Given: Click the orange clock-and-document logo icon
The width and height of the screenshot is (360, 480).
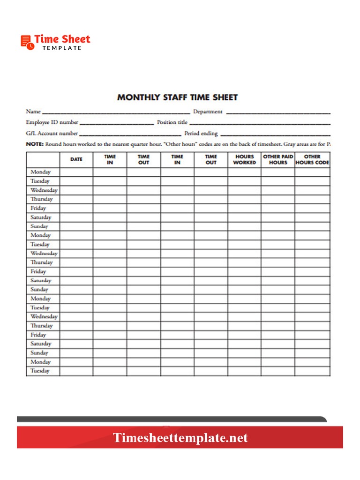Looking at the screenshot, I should point(28,42).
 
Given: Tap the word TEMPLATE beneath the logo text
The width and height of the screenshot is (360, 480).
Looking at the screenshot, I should point(61,48).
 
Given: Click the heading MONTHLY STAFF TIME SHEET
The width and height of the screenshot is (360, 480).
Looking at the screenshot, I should point(177,97).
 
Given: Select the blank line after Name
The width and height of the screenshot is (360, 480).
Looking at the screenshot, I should point(116,112).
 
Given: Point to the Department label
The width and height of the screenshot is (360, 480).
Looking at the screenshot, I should point(208,112).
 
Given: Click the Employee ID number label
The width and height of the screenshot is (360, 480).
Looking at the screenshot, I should point(52,122).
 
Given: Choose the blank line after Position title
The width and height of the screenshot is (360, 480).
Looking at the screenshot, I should point(260,123).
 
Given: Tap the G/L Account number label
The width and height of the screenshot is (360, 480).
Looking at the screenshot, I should point(52,134).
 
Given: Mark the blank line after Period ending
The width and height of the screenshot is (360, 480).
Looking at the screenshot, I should point(275,134).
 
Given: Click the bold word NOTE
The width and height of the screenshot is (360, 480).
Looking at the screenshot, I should point(35,144).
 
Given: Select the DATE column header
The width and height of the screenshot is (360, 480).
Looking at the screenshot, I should point(76,159).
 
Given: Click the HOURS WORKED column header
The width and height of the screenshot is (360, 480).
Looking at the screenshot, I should point(244,159).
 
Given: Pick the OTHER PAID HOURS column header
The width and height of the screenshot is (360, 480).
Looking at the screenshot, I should point(278,159).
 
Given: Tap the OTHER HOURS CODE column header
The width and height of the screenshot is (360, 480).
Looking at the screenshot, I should point(312,159).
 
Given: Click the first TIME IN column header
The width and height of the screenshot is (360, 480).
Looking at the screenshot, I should point(110,159).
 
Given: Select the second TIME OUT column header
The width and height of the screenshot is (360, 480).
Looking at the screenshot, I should point(211,159).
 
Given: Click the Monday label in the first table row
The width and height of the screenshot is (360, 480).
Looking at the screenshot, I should point(40,172).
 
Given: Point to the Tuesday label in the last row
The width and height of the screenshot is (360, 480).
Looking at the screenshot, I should point(40,371).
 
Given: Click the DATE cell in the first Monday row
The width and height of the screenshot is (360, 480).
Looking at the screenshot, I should point(76,172).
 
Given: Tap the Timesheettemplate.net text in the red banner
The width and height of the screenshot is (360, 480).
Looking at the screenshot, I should point(180,438).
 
